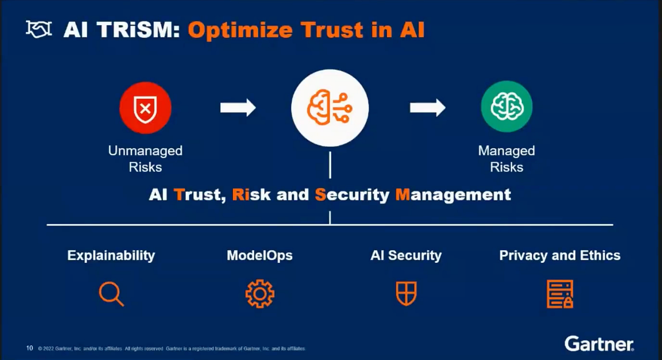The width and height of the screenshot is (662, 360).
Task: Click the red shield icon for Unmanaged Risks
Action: (x=145, y=108)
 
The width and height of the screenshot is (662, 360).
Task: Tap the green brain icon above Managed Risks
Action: (x=506, y=107)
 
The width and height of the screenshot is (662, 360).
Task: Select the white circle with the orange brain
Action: (x=330, y=107)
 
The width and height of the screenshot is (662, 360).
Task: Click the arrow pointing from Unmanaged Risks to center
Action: (x=238, y=107)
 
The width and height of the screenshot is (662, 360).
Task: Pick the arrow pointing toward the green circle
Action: (x=428, y=107)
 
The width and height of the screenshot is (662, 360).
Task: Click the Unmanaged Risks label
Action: (x=145, y=159)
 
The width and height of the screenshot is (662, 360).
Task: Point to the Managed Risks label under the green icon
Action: (x=506, y=159)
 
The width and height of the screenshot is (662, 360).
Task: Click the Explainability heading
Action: (x=111, y=256)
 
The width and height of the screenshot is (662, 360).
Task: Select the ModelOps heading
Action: (x=259, y=256)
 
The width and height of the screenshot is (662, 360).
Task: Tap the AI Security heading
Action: (x=406, y=256)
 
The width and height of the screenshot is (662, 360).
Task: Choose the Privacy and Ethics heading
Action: (x=559, y=256)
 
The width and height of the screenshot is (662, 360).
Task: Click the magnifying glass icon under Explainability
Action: (x=111, y=294)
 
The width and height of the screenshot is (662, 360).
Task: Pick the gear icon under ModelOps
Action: (x=259, y=294)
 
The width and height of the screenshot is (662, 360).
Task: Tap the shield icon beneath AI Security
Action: (x=406, y=294)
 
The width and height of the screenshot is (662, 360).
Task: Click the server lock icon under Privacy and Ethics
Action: (x=559, y=294)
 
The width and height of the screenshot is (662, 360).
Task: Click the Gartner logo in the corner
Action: (x=599, y=345)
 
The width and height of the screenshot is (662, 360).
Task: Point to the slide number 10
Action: (x=30, y=348)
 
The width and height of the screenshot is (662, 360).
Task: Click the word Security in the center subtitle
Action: (x=352, y=195)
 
